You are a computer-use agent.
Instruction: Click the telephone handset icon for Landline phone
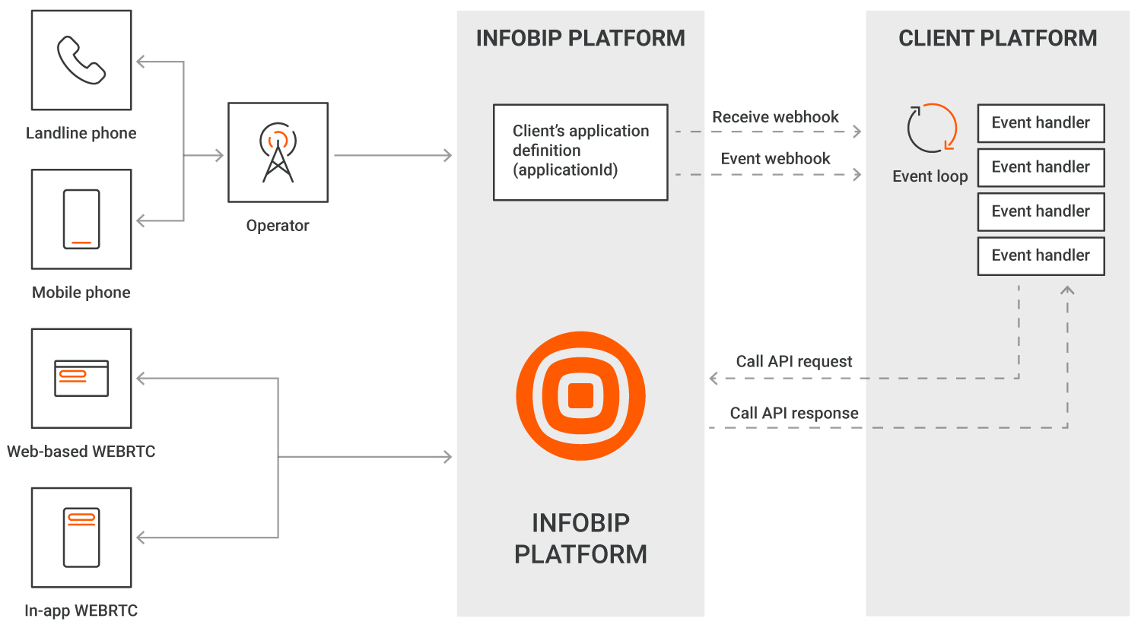click(81, 60)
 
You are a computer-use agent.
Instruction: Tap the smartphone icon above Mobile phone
click(81, 219)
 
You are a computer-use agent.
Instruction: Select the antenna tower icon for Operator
click(278, 152)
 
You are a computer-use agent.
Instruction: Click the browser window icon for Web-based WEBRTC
click(81, 378)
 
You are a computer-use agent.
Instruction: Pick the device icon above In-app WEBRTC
click(81, 537)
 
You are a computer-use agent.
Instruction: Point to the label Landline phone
click(81, 133)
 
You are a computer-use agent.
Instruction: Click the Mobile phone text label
click(81, 292)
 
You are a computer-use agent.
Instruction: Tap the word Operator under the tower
click(278, 225)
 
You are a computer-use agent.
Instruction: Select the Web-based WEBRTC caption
click(81, 451)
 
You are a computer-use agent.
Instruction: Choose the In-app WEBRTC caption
click(81, 611)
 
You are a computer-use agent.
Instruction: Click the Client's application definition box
click(580, 152)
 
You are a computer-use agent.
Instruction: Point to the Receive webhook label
click(775, 117)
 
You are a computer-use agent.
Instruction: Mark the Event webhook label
click(775, 158)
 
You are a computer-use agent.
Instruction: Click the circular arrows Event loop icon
click(931, 128)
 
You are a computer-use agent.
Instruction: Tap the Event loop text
click(930, 176)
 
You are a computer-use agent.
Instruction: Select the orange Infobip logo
click(580, 395)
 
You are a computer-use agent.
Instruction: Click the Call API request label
click(794, 361)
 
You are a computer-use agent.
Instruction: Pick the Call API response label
click(794, 413)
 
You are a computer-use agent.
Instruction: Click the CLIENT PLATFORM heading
click(997, 38)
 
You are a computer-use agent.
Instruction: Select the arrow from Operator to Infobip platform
click(393, 155)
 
